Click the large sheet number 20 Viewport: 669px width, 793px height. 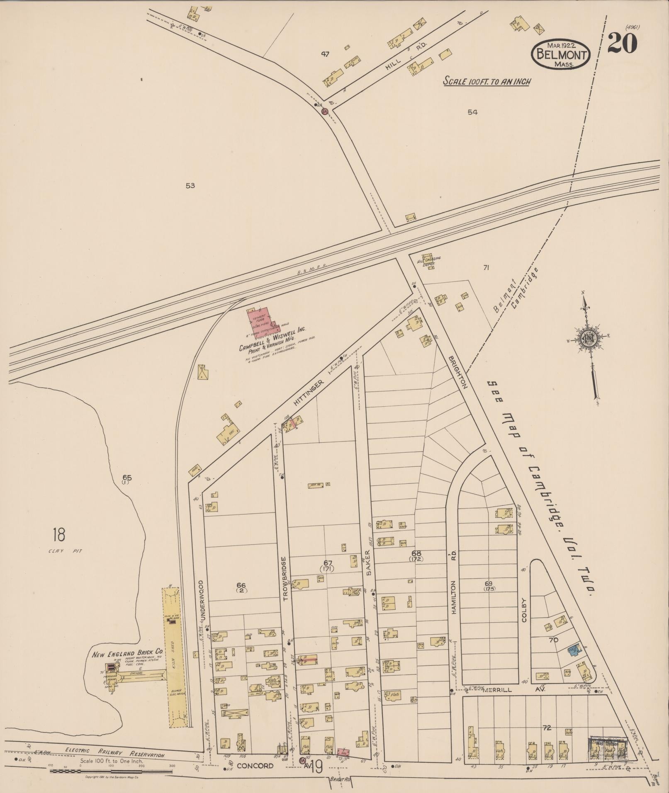pos(622,43)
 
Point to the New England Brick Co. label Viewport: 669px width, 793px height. pos(127,654)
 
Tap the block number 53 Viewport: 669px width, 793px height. pos(190,186)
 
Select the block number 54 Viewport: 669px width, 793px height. pos(472,112)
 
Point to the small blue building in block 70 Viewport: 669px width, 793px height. pos(574,649)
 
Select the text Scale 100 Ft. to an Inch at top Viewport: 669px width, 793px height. pos(487,81)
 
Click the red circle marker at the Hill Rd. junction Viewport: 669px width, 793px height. pos(325,111)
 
